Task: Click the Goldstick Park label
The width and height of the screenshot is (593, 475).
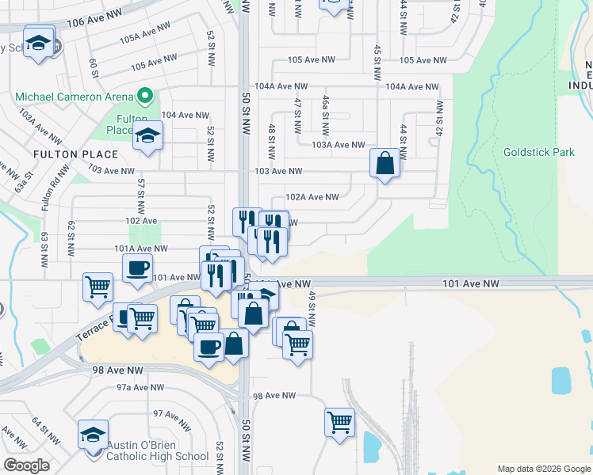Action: coord(538,152)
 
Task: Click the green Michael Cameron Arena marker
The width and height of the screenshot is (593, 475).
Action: coord(144,97)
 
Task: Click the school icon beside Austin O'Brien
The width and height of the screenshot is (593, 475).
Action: coord(93,434)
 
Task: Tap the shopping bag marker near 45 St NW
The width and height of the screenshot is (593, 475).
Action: coord(384,164)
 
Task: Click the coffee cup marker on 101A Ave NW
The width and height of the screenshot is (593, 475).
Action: coord(139,268)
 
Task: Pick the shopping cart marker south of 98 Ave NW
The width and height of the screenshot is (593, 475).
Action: coord(339,421)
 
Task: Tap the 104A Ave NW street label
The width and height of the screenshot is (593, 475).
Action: coord(281,85)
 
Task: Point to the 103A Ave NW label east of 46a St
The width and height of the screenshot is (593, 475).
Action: coord(338,145)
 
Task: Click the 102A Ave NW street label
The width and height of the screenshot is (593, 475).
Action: coord(312,197)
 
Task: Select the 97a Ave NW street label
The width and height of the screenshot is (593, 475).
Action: coord(140,387)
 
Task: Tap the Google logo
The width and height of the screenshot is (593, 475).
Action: coord(27,465)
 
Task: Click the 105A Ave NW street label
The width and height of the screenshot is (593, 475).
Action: coord(146,32)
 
